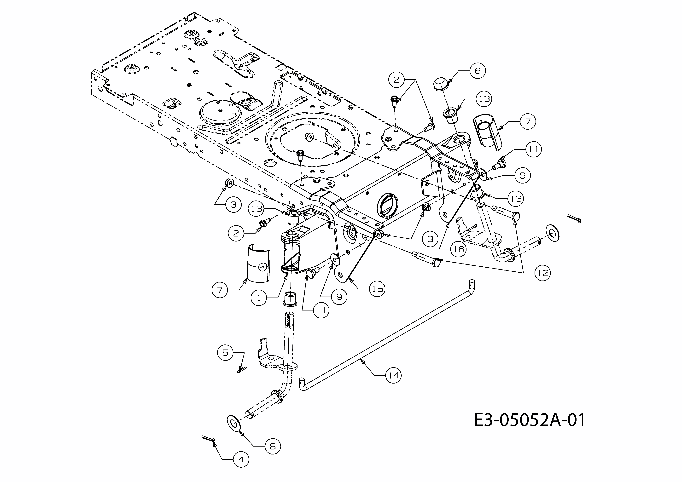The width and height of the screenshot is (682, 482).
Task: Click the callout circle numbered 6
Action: coord(477,71)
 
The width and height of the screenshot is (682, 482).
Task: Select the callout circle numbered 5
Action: coord(225,353)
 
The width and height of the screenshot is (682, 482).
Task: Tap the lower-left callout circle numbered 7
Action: coord(220,290)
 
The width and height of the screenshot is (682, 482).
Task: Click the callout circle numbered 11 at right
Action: coord(533,149)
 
